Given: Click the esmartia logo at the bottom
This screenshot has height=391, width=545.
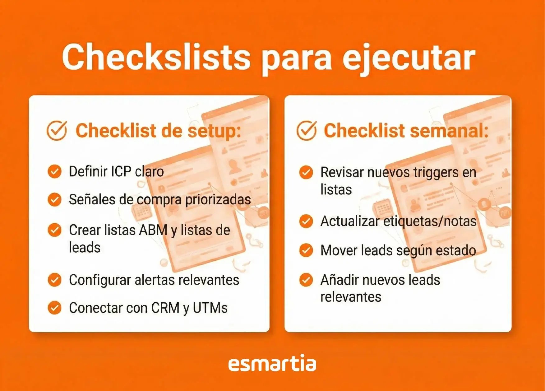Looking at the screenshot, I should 272,364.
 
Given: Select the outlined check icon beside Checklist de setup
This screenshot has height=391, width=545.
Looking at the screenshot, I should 57,131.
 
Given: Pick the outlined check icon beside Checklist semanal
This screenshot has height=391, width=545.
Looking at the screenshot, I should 307,131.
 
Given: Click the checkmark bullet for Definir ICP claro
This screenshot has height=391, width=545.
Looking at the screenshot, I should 55,171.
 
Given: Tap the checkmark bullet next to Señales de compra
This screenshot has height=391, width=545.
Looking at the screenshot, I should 55,199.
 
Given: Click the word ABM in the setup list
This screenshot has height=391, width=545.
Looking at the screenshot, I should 153,230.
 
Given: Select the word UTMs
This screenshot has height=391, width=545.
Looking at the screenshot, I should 210,308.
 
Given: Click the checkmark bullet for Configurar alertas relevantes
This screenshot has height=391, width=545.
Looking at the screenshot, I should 55,280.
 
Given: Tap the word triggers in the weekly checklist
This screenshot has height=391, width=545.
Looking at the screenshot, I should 436,173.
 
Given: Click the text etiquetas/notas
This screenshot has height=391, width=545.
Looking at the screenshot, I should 430,221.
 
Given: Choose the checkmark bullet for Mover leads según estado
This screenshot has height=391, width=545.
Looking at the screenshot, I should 306,250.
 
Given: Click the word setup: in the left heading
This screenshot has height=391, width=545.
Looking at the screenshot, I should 214,131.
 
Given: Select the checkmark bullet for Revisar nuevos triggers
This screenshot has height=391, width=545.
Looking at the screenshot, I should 306,172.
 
